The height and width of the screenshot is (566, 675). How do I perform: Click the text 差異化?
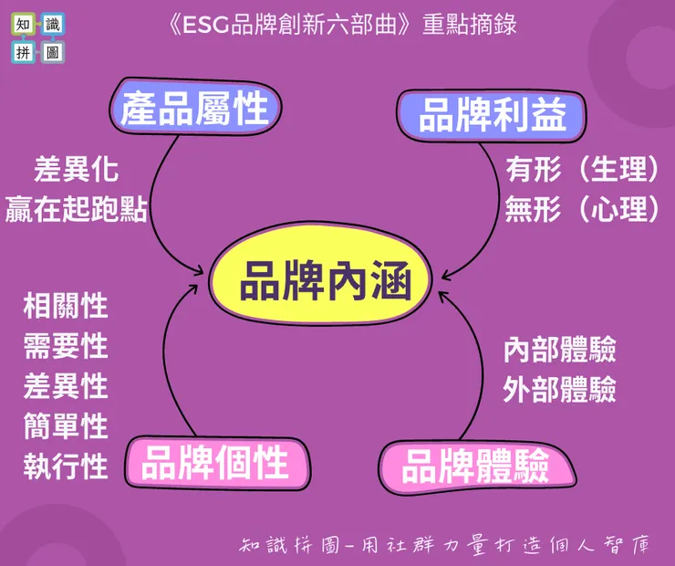77,170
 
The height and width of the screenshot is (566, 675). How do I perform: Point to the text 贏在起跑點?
77,208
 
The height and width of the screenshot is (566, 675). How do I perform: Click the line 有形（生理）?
582,169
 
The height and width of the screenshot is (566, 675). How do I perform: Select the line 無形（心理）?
582,209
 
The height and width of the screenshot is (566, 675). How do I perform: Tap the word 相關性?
66,306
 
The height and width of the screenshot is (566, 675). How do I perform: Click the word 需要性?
66,346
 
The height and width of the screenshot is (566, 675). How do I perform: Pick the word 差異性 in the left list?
66,386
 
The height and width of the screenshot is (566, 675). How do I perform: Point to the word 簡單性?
66,426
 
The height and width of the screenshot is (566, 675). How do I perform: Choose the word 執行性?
66,466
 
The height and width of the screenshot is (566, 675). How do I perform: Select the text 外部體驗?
559,390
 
